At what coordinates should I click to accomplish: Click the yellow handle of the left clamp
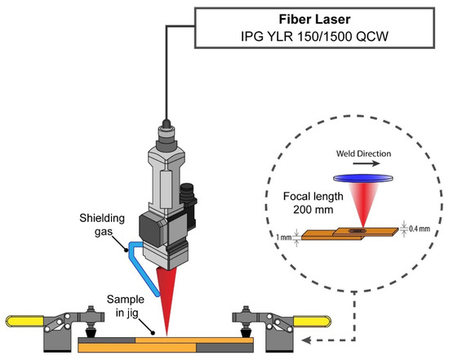coord(22,319)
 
